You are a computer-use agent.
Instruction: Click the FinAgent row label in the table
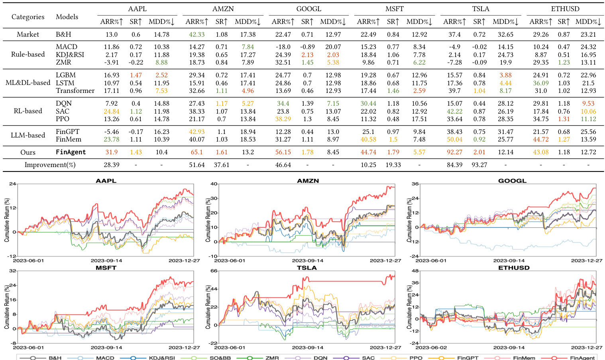[x=71, y=152]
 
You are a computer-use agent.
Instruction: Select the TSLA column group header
[x=481, y=9]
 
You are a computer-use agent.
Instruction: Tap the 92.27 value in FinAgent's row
[x=454, y=152]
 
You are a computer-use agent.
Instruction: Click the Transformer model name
[x=75, y=90]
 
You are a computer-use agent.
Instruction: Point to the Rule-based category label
[x=28, y=54]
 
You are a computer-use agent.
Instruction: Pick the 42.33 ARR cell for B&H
[x=196, y=34]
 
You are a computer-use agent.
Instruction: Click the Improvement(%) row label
[x=50, y=165]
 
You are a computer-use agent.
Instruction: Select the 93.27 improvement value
[x=479, y=165]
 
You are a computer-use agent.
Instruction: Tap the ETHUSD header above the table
[x=565, y=9]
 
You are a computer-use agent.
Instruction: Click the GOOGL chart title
[x=512, y=181]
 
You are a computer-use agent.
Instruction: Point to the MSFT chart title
[x=106, y=268]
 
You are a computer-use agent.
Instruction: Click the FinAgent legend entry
[x=582, y=358]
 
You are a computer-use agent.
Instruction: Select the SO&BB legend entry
[x=220, y=358]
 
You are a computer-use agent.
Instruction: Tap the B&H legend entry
[x=55, y=358]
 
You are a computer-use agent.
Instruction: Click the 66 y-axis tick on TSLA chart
[x=214, y=271]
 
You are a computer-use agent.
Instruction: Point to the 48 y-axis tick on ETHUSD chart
[x=415, y=271]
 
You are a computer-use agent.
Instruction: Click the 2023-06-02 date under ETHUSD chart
[x=431, y=347]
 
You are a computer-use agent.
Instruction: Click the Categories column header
[x=28, y=17]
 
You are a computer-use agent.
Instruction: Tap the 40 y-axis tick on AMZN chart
[x=214, y=184]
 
